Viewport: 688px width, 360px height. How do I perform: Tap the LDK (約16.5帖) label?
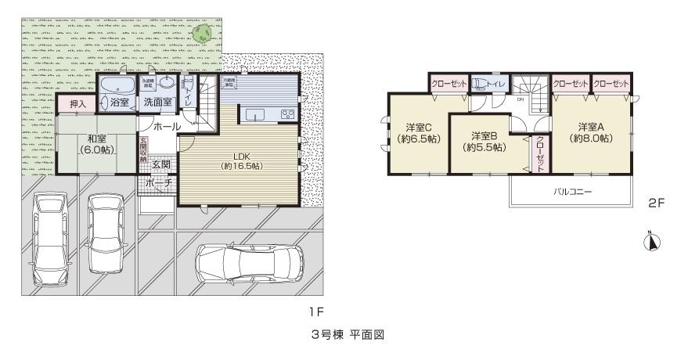coord(240,160)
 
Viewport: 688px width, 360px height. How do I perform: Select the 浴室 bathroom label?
coord(120,102)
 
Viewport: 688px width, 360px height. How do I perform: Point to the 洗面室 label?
coord(158,102)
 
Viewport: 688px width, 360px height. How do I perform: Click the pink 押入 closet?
coord(77,103)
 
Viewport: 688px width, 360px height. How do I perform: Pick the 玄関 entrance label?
coord(161,164)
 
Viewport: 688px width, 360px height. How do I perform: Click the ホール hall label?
coord(167,126)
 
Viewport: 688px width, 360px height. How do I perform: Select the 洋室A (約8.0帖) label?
coord(591,132)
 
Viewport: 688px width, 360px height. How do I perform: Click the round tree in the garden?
coord(205,34)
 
